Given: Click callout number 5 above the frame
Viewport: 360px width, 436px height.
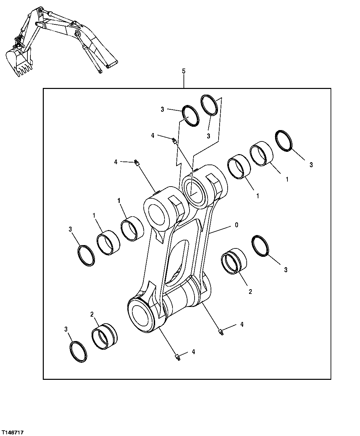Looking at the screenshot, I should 184,71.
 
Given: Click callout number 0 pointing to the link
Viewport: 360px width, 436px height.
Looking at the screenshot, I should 236,225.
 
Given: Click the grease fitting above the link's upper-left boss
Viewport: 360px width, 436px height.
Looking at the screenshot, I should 136,163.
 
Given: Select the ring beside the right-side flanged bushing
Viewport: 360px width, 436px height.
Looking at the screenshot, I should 261,246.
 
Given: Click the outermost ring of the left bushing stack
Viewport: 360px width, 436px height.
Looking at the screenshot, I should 86,256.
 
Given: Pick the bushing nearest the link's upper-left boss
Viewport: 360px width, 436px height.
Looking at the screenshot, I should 132,229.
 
